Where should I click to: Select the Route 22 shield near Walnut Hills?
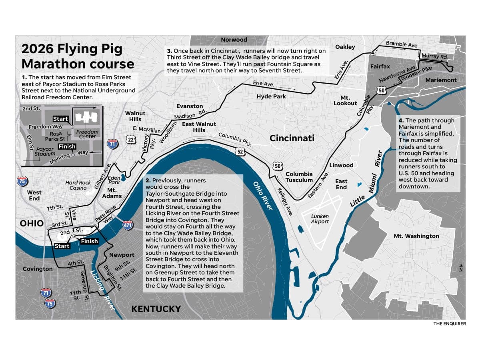point(131,140)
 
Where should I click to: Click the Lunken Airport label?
point(320,219)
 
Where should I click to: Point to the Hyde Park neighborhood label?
point(271,96)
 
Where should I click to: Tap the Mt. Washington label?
point(416,236)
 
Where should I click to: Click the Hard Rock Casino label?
point(78,185)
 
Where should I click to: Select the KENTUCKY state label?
point(156,309)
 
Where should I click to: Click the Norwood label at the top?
point(234,40)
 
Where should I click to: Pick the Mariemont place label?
point(441,80)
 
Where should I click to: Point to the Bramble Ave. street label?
point(402,44)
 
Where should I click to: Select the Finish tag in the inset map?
point(67,146)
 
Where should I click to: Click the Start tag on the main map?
point(62,246)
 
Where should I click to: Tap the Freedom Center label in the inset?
point(87,134)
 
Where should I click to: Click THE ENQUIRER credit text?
point(449,324)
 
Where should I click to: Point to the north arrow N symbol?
point(461,268)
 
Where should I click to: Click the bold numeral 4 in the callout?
point(401,120)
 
